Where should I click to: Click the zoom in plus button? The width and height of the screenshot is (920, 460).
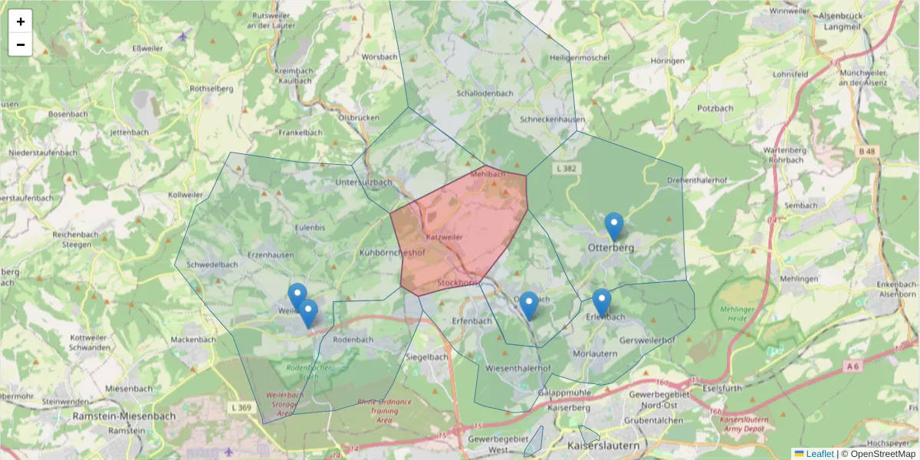21,21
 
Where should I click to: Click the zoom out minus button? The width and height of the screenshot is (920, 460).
21,44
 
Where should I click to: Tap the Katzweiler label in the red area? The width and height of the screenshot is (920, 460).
444,238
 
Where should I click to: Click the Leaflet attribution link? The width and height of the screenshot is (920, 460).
820,454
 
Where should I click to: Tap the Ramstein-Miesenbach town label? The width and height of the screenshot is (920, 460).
123,416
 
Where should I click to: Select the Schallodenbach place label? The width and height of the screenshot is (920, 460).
485,94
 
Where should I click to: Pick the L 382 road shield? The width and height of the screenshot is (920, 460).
567,168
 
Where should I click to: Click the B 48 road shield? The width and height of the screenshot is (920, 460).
867,152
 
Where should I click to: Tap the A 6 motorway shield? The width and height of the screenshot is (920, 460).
853,366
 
